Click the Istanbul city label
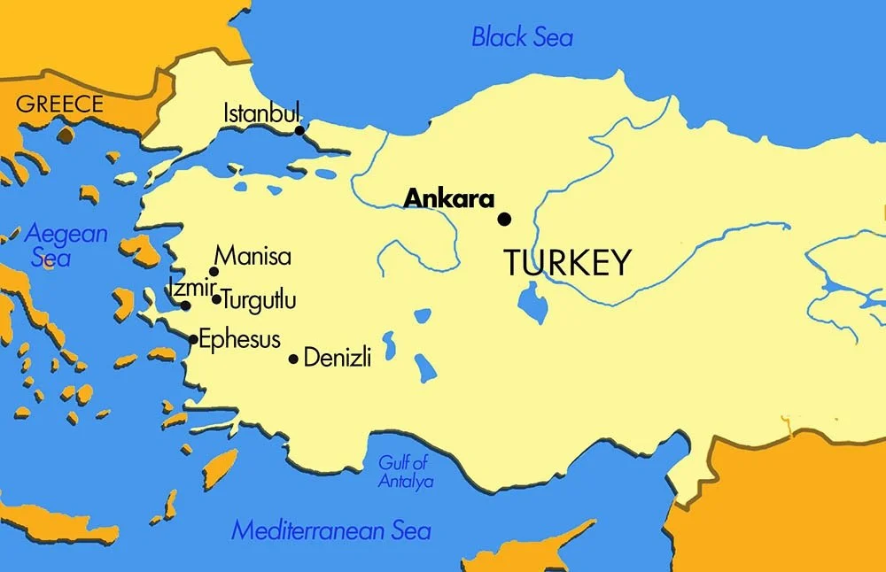(261, 113)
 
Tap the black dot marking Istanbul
(299, 131)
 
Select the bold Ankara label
(448, 199)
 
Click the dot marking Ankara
(504, 219)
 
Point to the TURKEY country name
(567, 263)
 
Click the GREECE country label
(59, 104)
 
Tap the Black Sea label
(522, 37)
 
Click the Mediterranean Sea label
(330, 530)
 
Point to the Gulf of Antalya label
(404, 472)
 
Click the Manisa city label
(253, 257)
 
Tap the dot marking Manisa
(214, 272)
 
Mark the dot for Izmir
(185, 305)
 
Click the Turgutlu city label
(259, 300)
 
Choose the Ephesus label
(239, 339)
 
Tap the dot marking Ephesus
(193, 339)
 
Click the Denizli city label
(337, 359)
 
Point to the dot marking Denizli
(293, 359)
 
